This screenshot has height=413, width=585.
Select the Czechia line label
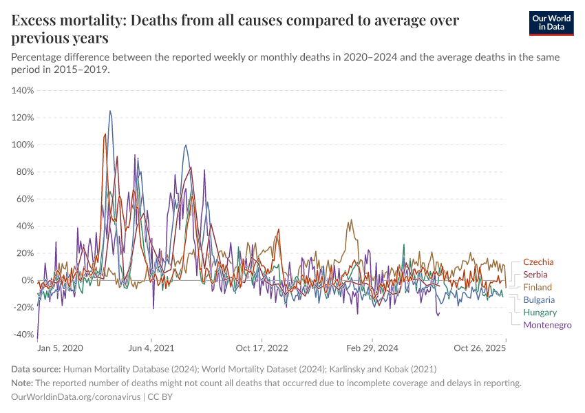(538, 262)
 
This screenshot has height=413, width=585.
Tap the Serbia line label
(535, 275)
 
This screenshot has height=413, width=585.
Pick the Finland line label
(537, 287)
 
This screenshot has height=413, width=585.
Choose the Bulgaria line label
(539, 300)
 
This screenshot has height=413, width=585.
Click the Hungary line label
(540, 313)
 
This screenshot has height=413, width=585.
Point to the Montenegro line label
(547, 325)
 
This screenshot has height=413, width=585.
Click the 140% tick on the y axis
(23, 90)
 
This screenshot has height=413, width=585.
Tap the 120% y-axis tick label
(23, 118)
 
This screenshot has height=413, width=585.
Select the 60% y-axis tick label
(25, 199)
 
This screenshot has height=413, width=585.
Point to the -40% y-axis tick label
(23, 335)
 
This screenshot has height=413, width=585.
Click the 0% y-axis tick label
(27, 280)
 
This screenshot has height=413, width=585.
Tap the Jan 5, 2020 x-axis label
(60, 348)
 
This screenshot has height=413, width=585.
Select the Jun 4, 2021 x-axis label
(151, 348)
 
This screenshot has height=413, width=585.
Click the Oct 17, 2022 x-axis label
(260, 348)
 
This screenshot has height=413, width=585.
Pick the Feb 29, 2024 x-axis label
(372, 348)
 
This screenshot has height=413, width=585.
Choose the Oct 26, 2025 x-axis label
(480, 348)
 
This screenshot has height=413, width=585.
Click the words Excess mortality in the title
(68, 21)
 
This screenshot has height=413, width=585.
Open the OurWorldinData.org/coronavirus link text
(75, 397)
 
